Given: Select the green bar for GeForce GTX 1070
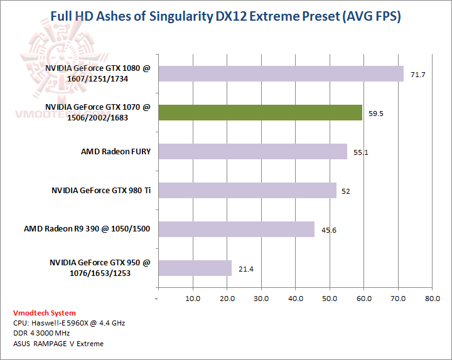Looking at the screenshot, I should pyautogui.click(x=261, y=112).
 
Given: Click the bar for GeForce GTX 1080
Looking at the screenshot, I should pyautogui.click(x=281, y=73).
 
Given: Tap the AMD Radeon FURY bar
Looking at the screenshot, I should pyautogui.click(x=252, y=151).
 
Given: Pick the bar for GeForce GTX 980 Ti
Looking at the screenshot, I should pyautogui.click(x=247, y=190).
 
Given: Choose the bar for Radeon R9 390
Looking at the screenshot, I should pyautogui.click(x=236, y=229).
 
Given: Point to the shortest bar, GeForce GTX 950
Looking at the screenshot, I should pyautogui.click(x=195, y=268).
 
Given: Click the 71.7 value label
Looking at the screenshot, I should pyautogui.click(x=418, y=75).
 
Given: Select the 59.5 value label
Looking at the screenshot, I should pyautogui.click(x=376, y=114).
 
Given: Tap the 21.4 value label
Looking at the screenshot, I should pyautogui.click(x=245, y=269).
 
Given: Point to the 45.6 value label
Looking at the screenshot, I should pyautogui.click(x=328, y=230).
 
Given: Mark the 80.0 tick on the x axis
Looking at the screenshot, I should pyautogui.click(x=431, y=299).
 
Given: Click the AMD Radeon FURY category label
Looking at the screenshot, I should pyautogui.click(x=116, y=151).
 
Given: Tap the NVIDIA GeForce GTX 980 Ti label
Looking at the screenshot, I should pyautogui.click(x=101, y=190).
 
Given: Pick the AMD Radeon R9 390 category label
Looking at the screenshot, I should pyautogui.click(x=87, y=229).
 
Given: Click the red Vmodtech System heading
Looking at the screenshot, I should pyautogui.click(x=44, y=313).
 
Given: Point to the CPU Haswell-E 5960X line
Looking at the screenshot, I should pyautogui.click(x=68, y=323).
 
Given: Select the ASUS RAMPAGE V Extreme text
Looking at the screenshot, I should pyautogui.click(x=58, y=344).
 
